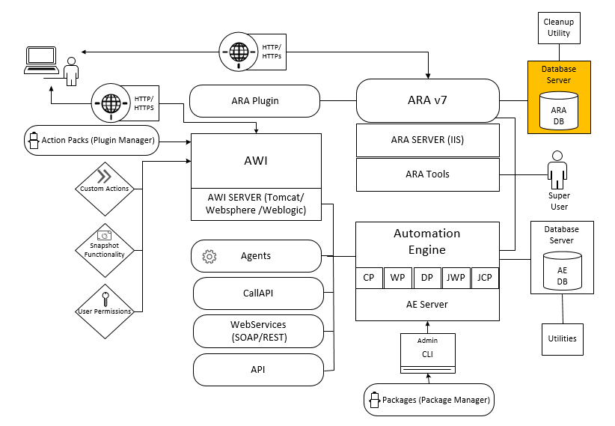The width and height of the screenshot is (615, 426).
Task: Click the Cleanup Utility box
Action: tap(559, 28)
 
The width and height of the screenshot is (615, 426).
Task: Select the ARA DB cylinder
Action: tap(559, 110)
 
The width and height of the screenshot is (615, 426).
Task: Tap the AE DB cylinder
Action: tap(561, 275)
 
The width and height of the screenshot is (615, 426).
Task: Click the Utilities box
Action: tap(562, 338)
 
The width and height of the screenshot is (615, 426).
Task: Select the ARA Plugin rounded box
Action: tap(254, 100)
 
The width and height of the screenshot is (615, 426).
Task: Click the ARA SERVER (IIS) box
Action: tap(427, 139)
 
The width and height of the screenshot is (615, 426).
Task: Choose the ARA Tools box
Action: tap(427, 174)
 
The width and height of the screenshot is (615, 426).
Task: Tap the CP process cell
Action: tap(369, 278)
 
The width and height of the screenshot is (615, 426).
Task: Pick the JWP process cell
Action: tap(456, 278)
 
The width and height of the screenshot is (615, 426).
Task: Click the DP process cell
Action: tap(426, 278)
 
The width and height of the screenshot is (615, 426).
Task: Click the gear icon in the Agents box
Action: tap(209, 257)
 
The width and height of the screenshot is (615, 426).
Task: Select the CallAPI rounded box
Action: tap(258, 293)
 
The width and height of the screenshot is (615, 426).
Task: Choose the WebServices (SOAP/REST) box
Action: tap(258, 331)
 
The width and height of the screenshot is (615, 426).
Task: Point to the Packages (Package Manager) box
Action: tap(429, 400)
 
